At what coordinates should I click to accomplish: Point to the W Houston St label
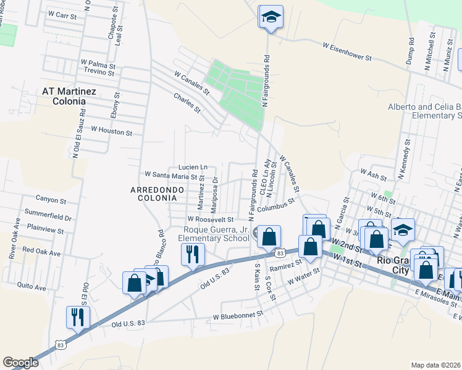pyautogui.click(x=111, y=131)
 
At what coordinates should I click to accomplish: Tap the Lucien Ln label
pyautogui.click(x=193, y=167)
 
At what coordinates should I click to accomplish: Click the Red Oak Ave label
pyautogui.click(x=41, y=253)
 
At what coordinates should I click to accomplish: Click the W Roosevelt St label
pyautogui.click(x=211, y=219)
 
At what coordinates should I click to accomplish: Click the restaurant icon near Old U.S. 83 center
pyautogui.click(x=192, y=254)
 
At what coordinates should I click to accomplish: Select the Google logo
pyautogui.click(x=20, y=363)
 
